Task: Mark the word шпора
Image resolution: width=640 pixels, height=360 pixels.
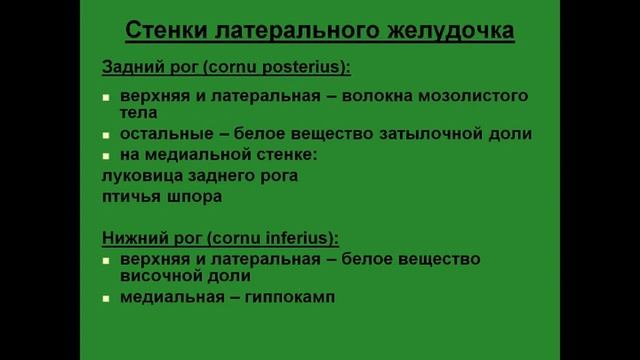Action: click(193, 196)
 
